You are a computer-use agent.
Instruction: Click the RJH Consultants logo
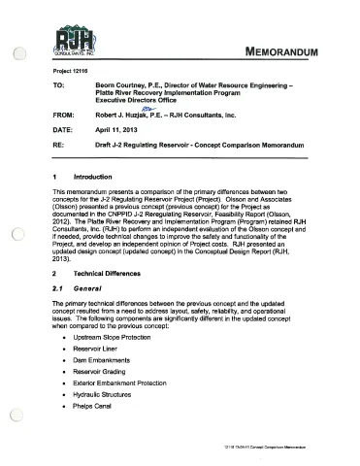(70, 42)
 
